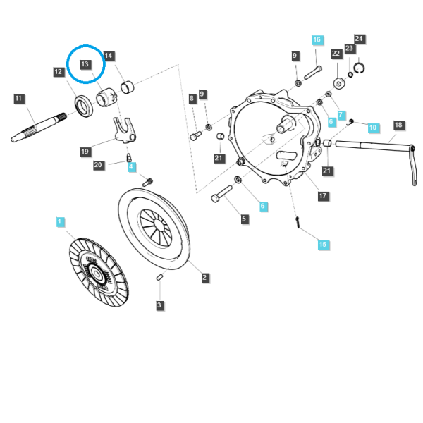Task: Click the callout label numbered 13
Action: [85, 64]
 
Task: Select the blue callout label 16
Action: [317, 40]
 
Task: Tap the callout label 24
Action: [359, 39]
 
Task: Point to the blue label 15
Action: [323, 245]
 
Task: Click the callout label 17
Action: [323, 196]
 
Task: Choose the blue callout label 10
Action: [373, 128]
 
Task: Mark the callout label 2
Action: [204, 277]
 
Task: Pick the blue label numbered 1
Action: [60, 222]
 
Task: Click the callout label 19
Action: [85, 152]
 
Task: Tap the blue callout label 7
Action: [341, 115]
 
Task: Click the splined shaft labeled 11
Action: [39, 128]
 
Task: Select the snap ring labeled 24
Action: [359, 68]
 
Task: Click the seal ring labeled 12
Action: [84, 106]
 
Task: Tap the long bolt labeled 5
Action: [221, 194]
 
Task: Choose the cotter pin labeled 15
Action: [298, 222]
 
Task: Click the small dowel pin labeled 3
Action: [159, 277]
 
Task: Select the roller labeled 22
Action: [339, 83]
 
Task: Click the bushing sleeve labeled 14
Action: [128, 87]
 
